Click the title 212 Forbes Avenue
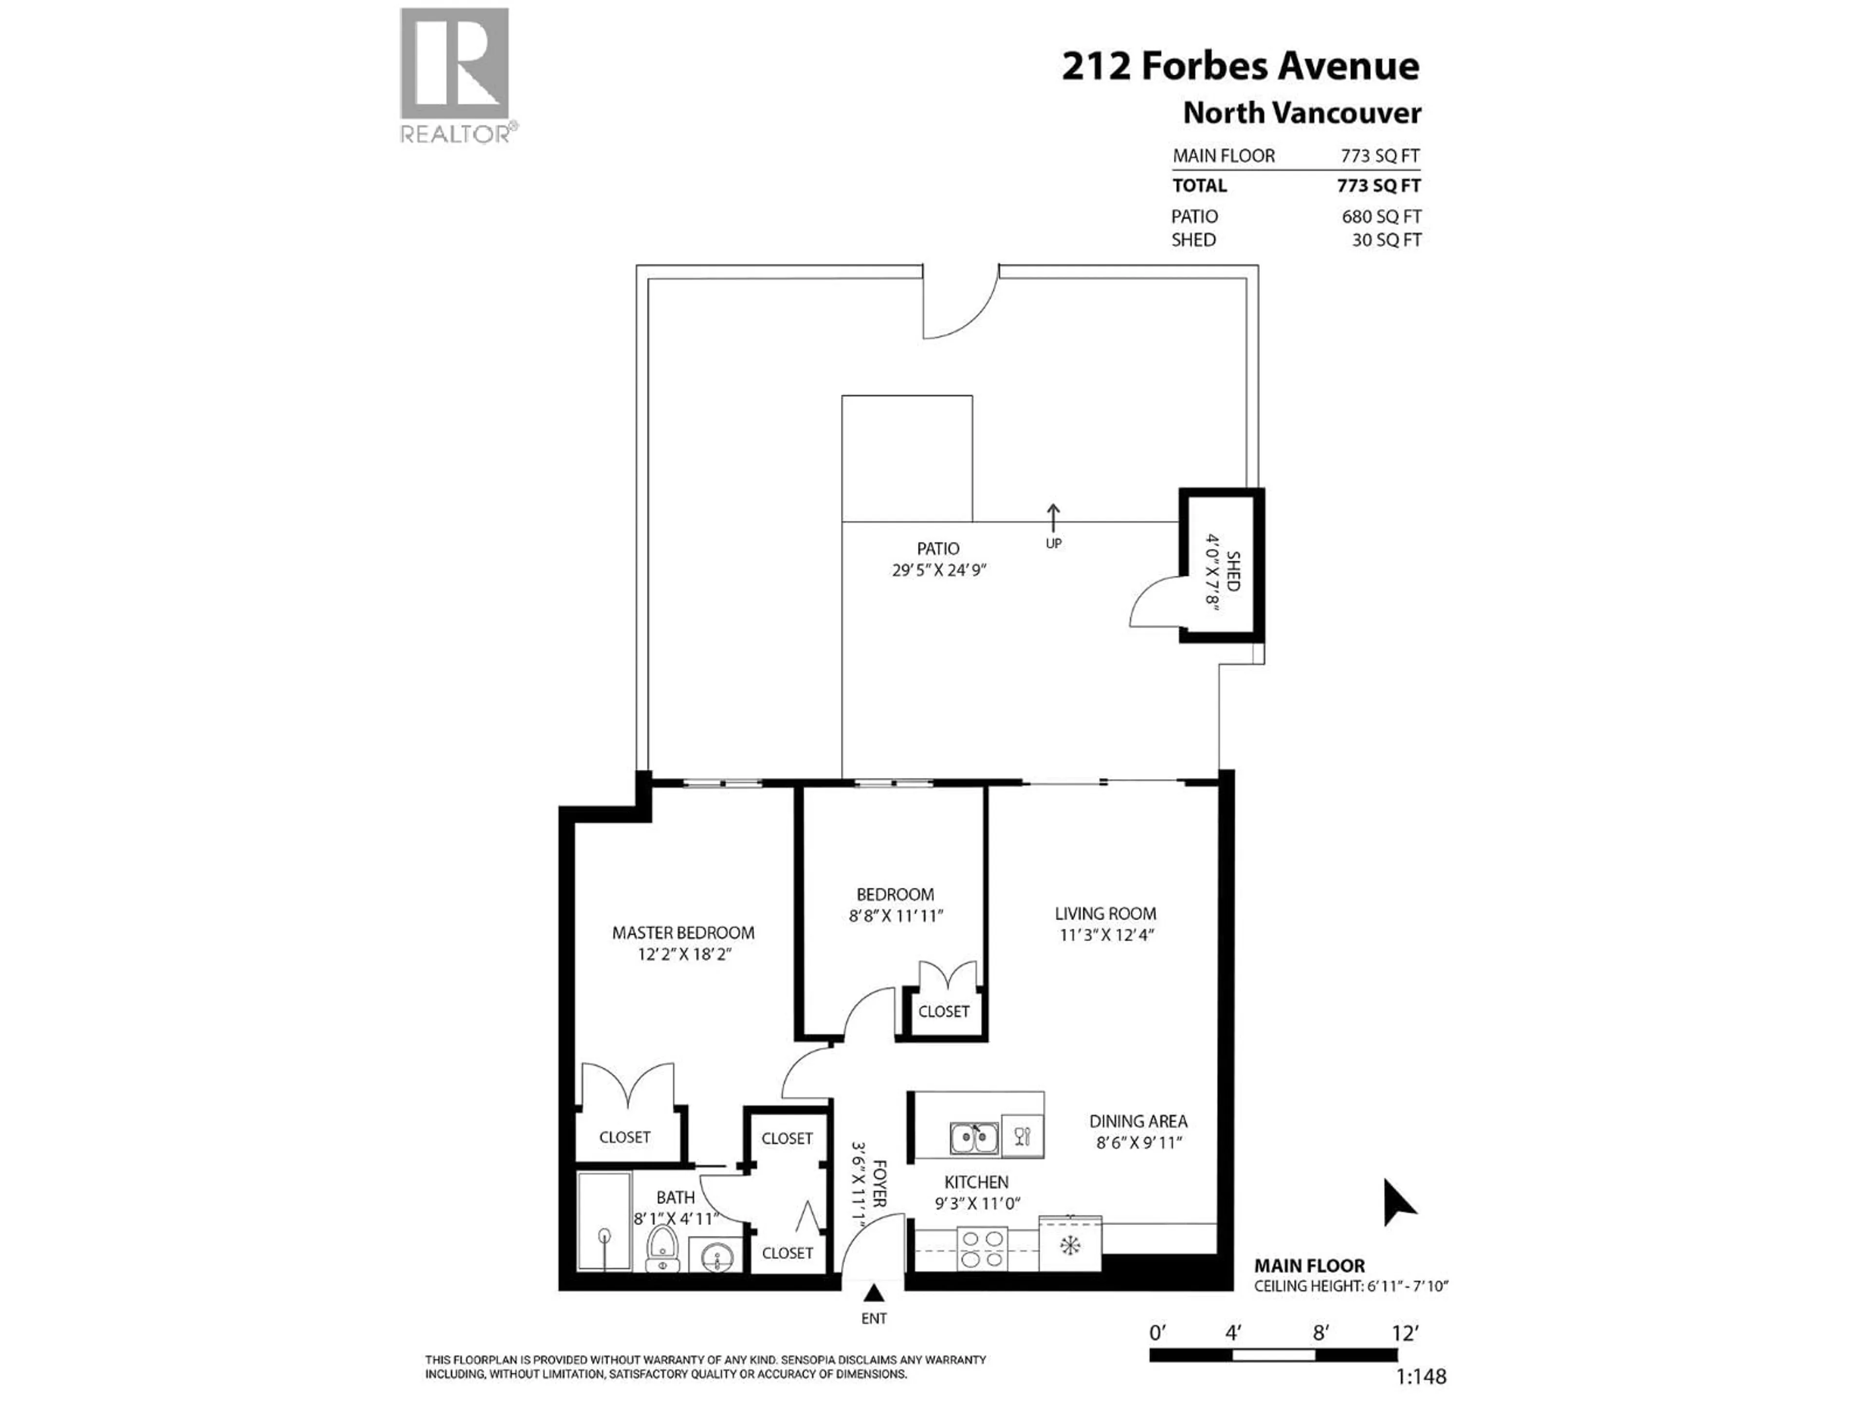coord(1240,66)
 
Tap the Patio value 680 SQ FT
coord(1381,216)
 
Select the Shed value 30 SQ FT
coord(1387,240)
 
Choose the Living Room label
coord(1105,914)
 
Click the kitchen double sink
coord(974,1138)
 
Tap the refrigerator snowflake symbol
coord(1070,1245)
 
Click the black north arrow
coord(1397,1202)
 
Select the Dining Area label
coord(1137,1122)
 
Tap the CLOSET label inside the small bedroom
coord(944,1012)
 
